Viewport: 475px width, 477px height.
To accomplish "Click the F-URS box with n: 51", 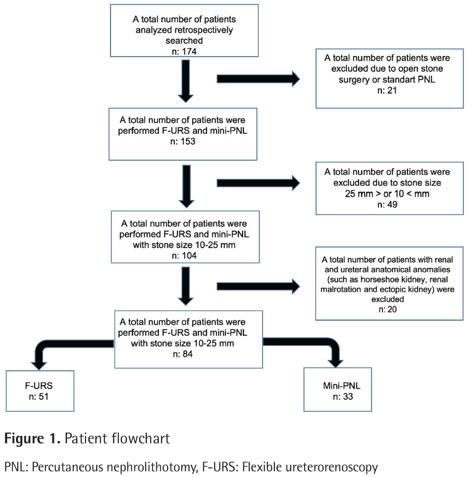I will [x=40, y=390].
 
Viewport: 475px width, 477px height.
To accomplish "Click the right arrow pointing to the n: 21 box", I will [x=258, y=79].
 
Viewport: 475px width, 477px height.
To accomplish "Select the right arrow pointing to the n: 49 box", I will [x=258, y=183].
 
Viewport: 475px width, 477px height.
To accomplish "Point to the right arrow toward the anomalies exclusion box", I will [x=258, y=286].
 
